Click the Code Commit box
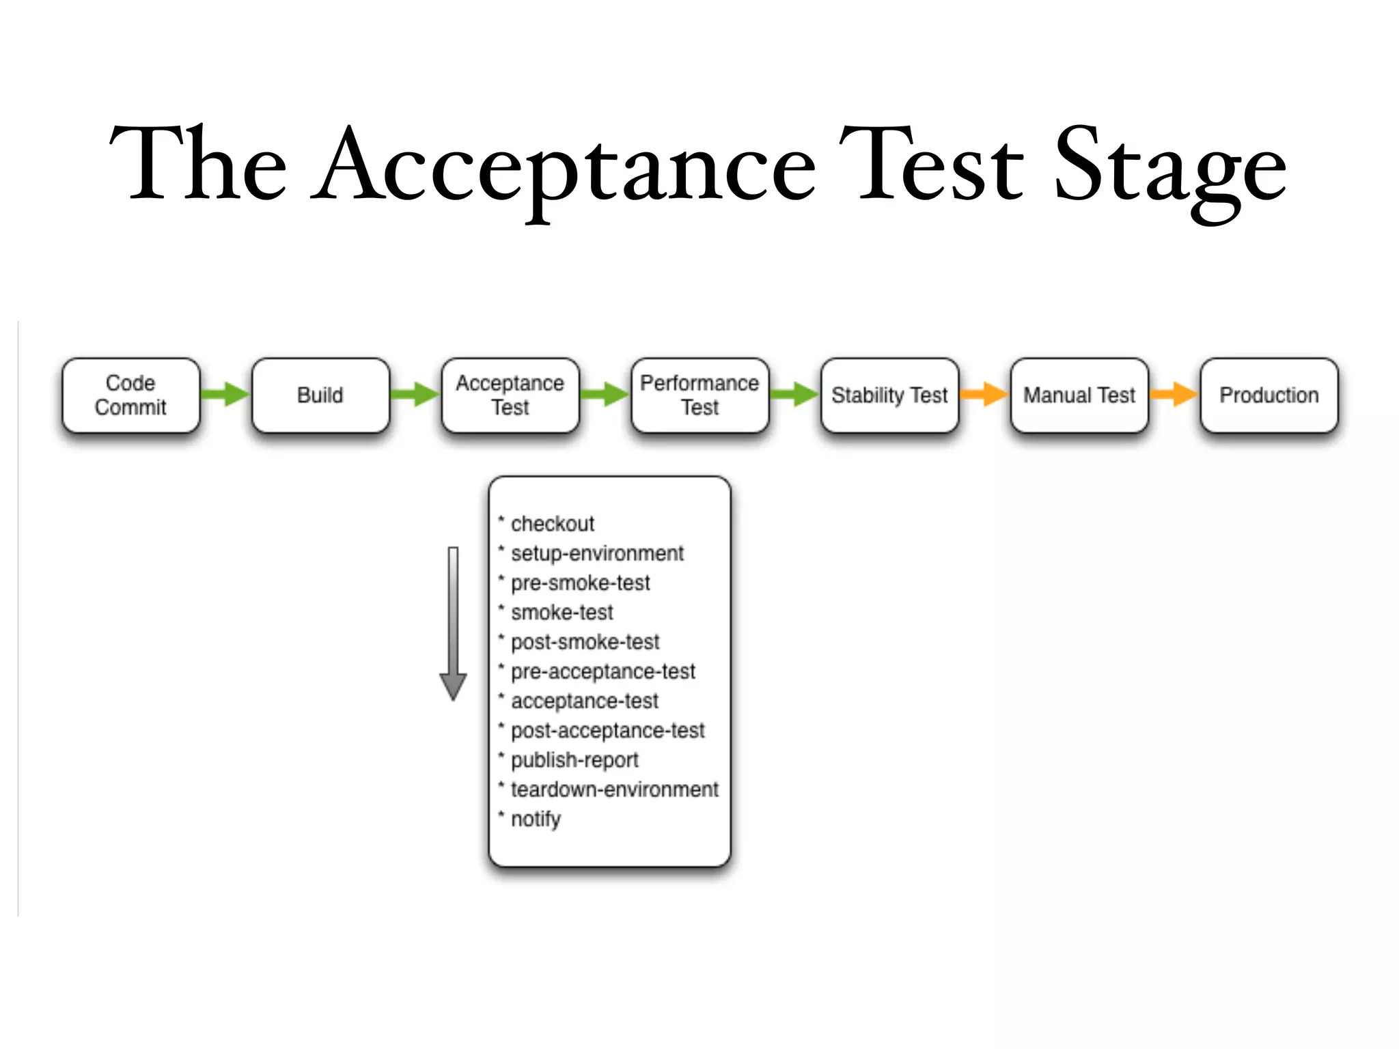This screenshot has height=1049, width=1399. point(130,395)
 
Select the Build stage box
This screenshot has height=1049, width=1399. point(320,395)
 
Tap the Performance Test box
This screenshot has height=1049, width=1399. point(699,395)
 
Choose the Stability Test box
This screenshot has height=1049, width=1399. point(889,395)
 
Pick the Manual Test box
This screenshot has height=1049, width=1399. point(1079,395)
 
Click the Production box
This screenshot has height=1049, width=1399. point(1269,395)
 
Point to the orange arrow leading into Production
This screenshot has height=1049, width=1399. point(1174,394)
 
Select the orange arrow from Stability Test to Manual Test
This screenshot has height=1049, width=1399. point(984,394)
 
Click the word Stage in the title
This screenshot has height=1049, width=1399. point(1170,167)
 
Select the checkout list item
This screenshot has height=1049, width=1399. point(552,524)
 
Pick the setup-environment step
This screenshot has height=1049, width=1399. point(597,553)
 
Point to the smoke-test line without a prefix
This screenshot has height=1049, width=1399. point(562,613)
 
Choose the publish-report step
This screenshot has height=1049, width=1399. point(574,760)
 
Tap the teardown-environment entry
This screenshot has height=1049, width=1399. point(614,789)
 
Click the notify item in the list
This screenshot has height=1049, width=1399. point(536,819)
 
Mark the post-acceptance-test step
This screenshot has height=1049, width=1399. point(607,731)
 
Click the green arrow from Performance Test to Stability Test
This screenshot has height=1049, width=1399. point(794,394)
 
